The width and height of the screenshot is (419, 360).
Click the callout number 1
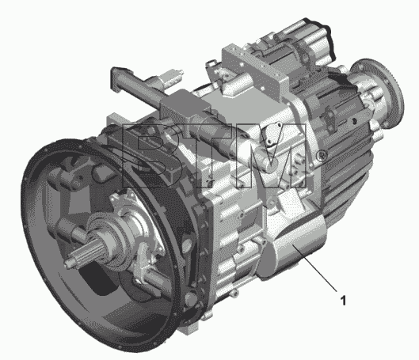pos(344,301)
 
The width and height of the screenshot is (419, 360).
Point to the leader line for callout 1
pos(314,267)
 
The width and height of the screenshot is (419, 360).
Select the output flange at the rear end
pos(379,92)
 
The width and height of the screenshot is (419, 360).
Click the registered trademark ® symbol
pos(322,155)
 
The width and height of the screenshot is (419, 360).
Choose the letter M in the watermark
pos(271,156)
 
